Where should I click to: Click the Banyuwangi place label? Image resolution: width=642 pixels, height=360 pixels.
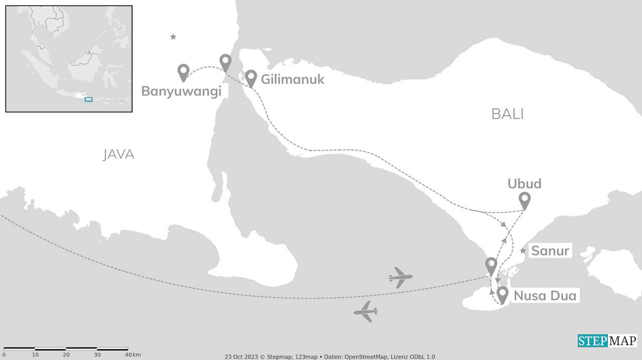pyautogui.click(x=181, y=91)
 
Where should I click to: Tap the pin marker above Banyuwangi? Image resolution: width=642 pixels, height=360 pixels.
pyautogui.click(x=184, y=71)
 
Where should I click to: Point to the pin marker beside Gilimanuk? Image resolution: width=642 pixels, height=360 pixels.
pyautogui.click(x=251, y=77)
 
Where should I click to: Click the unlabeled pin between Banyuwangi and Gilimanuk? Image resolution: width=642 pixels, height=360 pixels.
pyautogui.click(x=226, y=62)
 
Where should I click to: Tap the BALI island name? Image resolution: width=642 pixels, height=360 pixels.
pyautogui.click(x=507, y=114)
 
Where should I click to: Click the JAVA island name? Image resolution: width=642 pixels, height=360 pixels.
pyautogui.click(x=119, y=154)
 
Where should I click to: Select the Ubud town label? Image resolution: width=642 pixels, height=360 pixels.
pyautogui.click(x=524, y=184)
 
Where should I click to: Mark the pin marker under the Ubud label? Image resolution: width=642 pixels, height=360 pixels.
pyautogui.click(x=525, y=199)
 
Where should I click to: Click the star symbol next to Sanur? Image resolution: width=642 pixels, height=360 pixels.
pyautogui.click(x=523, y=251)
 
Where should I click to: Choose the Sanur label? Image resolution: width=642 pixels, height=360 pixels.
pyautogui.click(x=550, y=251)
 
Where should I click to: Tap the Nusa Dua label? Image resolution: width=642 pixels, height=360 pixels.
pyautogui.click(x=545, y=296)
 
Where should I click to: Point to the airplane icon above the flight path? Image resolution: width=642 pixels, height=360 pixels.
pyautogui.click(x=400, y=277)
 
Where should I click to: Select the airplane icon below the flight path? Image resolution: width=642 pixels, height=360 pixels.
pyautogui.click(x=366, y=311)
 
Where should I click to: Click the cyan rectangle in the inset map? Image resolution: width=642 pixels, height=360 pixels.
pyautogui.click(x=88, y=99)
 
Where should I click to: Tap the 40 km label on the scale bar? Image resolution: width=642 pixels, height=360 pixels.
pyautogui.click(x=133, y=354)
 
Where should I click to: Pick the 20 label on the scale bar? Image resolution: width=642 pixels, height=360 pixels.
pyautogui.click(x=66, y=354)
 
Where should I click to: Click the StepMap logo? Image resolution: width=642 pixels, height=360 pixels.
pyautogui.click(x=607, y=341)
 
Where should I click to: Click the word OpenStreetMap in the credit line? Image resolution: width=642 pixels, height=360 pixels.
pyautogui.click(x=366, y=356)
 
